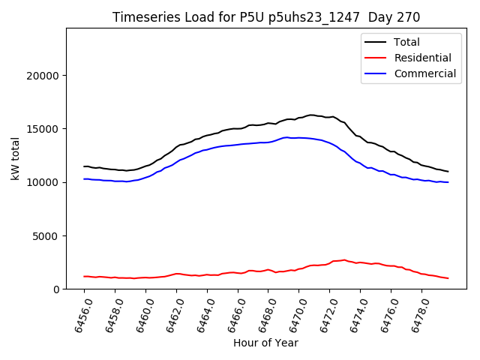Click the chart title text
(x=266, y=17)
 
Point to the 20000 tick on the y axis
(x=44, y=76)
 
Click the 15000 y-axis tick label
(x=44, y=129)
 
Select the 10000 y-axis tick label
(x=44, y=182)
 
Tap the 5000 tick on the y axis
(x=47, y=236)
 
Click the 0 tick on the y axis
(x=57, y=289)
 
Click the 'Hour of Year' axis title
(x=265, y=343)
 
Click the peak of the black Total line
(x=310, y=115)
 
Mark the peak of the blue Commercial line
(x=286, y=137)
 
